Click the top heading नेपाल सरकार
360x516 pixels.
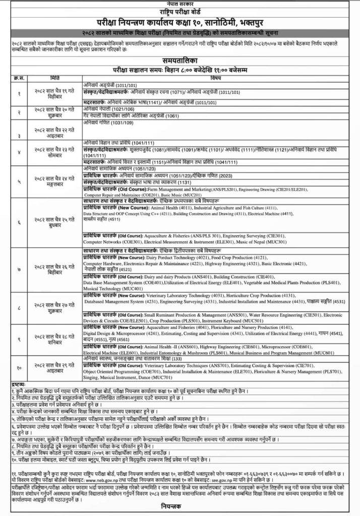(x=180, y=3)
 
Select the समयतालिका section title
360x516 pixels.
(x=180, y=59)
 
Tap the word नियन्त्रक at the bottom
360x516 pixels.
(x=180, y=509)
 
